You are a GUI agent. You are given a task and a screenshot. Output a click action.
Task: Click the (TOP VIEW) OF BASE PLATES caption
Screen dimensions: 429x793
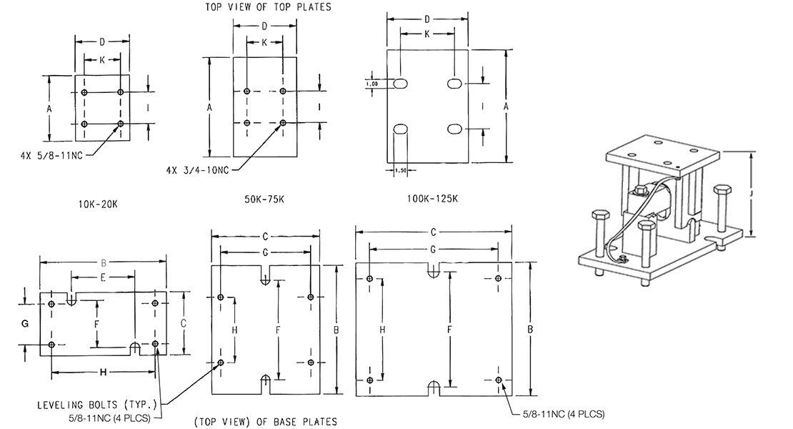point(265,421)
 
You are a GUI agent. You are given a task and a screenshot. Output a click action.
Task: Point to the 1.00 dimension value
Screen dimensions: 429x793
point(371,84)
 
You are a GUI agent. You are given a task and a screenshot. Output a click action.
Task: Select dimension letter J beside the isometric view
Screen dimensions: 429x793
point(752,192)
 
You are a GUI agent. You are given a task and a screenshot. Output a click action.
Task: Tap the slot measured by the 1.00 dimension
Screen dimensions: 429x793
point(400,84)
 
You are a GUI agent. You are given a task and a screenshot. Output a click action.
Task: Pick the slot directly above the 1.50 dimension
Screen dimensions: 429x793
point(400,129)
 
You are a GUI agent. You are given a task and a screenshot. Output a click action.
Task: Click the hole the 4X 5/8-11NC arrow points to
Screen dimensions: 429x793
point(121,124)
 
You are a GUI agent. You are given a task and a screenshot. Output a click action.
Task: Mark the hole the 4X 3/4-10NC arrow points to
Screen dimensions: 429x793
point(283,123)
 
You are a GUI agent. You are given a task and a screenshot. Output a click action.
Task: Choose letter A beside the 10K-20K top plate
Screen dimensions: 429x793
point(49,109)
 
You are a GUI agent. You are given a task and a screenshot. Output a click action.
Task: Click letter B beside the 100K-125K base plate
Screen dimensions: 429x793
point(530,330)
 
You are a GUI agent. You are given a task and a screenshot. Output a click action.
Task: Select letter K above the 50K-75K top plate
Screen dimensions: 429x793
point(264,42)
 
